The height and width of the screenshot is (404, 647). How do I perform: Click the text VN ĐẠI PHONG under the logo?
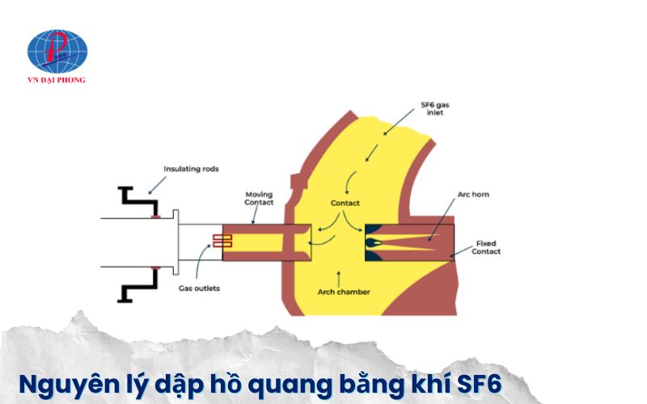[57, 80]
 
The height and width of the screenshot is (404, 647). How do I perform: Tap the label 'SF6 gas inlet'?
[433, 108]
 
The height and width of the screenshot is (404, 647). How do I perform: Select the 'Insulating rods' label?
[191, 169]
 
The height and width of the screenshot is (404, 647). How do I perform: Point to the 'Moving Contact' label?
[259, 198]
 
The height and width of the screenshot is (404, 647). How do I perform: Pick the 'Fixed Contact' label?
[488, 246]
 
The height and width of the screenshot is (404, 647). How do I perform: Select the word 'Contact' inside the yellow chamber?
[345, 203]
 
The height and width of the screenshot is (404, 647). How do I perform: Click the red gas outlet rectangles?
[222, 240]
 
